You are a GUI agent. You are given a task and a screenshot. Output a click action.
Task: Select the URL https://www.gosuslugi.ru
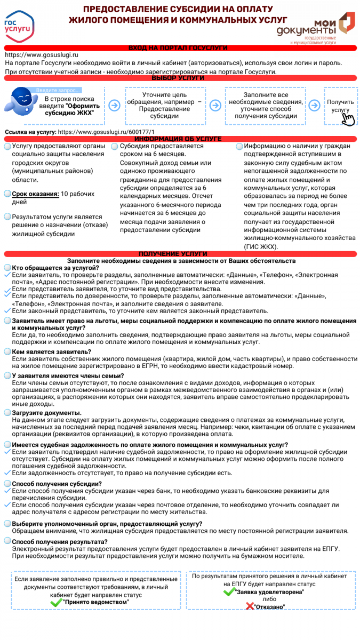point(42,55)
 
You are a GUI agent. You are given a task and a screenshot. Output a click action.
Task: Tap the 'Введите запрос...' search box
point(59,90)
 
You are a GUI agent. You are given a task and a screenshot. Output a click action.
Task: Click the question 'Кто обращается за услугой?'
point(55,268)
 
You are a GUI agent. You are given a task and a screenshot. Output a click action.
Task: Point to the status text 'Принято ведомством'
point(96,602)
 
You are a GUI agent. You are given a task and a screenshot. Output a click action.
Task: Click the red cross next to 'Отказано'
point(250,606)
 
